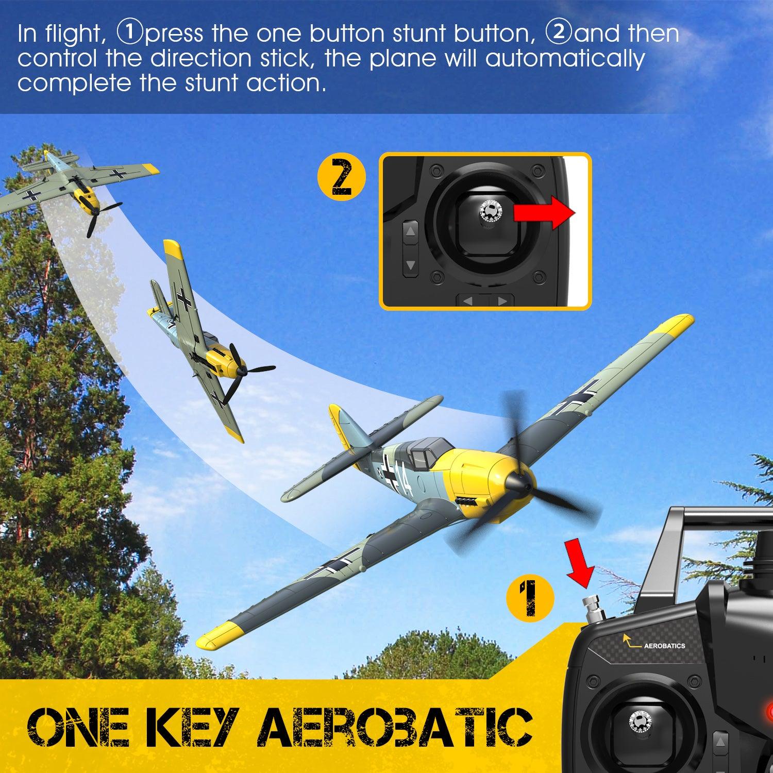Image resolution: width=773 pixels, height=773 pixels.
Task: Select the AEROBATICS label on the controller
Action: click(x=664, y=645)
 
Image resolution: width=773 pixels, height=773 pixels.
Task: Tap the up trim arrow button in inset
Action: click(x=411, y=232)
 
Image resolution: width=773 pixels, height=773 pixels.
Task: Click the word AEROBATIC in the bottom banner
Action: click(x=394, y=728)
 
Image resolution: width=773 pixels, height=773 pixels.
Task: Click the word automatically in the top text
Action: click(x=565, y=58)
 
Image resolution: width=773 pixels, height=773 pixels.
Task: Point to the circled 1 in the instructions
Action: click(x=126, y=33)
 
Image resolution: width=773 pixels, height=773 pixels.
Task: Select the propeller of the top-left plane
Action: click(x=102, y=216)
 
